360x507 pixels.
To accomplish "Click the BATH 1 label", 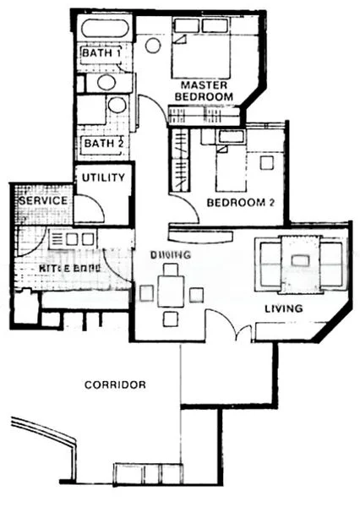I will tap(101, 54).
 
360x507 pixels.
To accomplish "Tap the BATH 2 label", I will tap(103, 144).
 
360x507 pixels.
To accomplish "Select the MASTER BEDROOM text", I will tap(203, 91).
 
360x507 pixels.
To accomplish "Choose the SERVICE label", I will tap(42, 200).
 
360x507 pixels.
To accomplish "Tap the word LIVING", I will tap(283, 308).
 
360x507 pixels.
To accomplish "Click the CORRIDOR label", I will tap(115, 384).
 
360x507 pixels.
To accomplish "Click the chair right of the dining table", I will tap(197, 294).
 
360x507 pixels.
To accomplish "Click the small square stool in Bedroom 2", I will tap(267, 163).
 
